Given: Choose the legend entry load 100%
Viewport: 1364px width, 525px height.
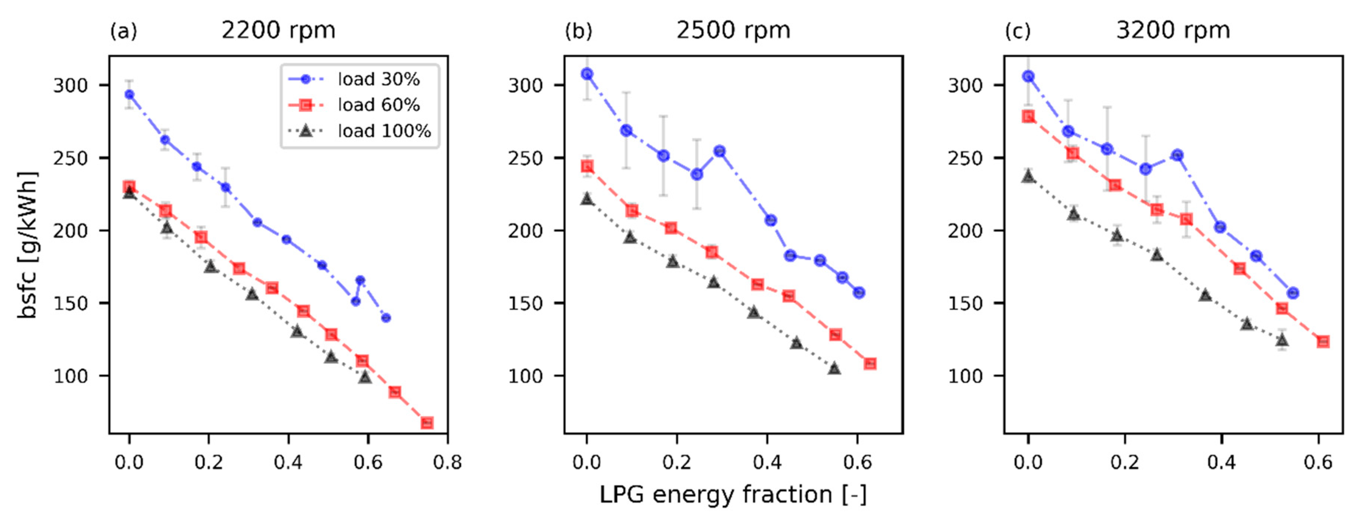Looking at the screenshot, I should [x=384, y=131].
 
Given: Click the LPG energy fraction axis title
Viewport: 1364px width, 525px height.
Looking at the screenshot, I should [x=733, y=495].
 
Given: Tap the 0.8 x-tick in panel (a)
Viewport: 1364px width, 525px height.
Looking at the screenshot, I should [x=447, y=463].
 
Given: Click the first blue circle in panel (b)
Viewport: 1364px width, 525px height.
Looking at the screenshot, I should [x=587, y=74].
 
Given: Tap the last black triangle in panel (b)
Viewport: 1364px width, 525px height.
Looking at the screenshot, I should [x=834, y=368].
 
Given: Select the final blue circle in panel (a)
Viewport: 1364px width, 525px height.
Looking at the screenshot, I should [x=386, y=318].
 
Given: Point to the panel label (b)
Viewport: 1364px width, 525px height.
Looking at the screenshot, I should [x=578, y=31].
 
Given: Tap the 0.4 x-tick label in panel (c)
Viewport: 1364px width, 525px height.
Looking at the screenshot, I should [x=1221, y=463].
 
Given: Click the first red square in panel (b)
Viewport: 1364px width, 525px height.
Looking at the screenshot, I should [x=587, y=166].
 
